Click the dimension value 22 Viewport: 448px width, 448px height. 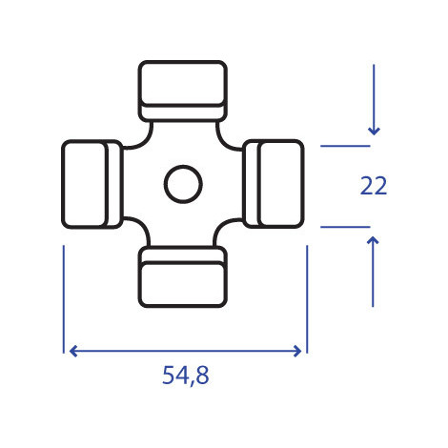click(x=374, y=186)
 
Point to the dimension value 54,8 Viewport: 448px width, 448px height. click(x=186, y=376)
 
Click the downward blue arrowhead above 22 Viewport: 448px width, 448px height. click(x=374, y=131)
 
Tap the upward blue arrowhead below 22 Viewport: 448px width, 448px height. click(x=373, y=240)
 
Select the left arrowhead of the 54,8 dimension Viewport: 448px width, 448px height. click(x=73, y=351)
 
